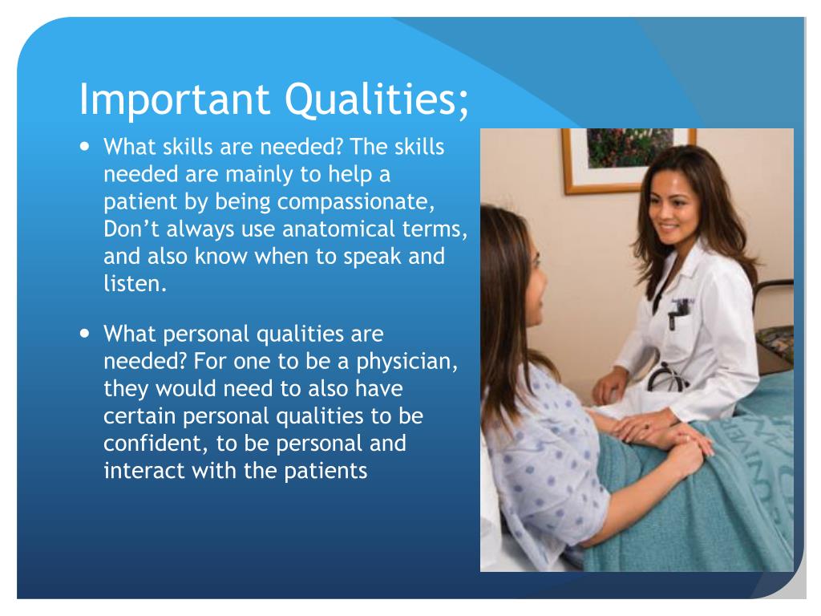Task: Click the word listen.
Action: [135, 284]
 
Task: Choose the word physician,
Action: [406, 361]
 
